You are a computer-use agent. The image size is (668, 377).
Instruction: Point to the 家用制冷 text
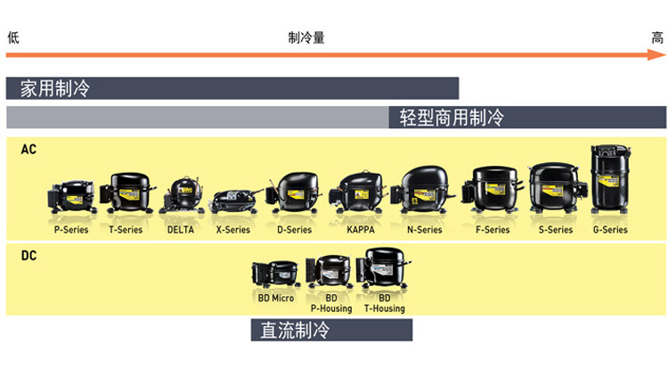pyautogui.click(x=55, y=88)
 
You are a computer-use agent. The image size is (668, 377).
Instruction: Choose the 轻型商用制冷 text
pyautogui.click(x=452, y=117)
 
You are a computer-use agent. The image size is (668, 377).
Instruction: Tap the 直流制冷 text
pyautogui.click(x=295, y=330)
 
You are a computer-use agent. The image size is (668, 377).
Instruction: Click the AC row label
pyautogui.click(x=29, y=150)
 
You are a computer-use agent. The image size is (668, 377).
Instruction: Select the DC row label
pyautogui.click(x=29, y=255)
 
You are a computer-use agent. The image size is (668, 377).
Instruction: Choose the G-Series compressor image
pyautogui.click(x=610, y=181)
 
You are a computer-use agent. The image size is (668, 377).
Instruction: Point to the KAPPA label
pyautogui.click(x=361, y=230)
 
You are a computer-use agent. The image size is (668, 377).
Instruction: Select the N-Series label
pyautogui.click(x=424, y=230)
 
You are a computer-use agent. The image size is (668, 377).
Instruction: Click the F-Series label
pyautogui.click(x=493, y=230)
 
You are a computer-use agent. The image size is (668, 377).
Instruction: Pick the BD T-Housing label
pyautogui.click(x=384, y=303)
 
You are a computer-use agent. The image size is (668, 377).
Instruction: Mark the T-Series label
pyautogui.click(x=126, y=230)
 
